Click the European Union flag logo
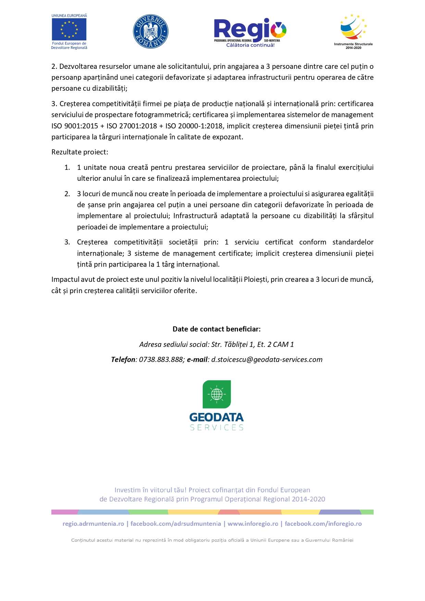69,29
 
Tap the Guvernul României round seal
150,32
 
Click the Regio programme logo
250,30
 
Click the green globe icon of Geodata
216,394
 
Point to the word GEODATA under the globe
216,417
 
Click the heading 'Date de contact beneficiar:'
216,329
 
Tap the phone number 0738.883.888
161,360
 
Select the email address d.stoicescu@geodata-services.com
267,360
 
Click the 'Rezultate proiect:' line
80,152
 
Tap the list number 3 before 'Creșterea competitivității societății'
67,242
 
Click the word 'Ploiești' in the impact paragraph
256,279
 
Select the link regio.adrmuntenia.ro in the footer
93,524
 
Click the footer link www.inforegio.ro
253,524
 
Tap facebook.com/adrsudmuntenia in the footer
176,524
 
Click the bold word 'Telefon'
123,360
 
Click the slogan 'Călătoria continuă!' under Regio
250,45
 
